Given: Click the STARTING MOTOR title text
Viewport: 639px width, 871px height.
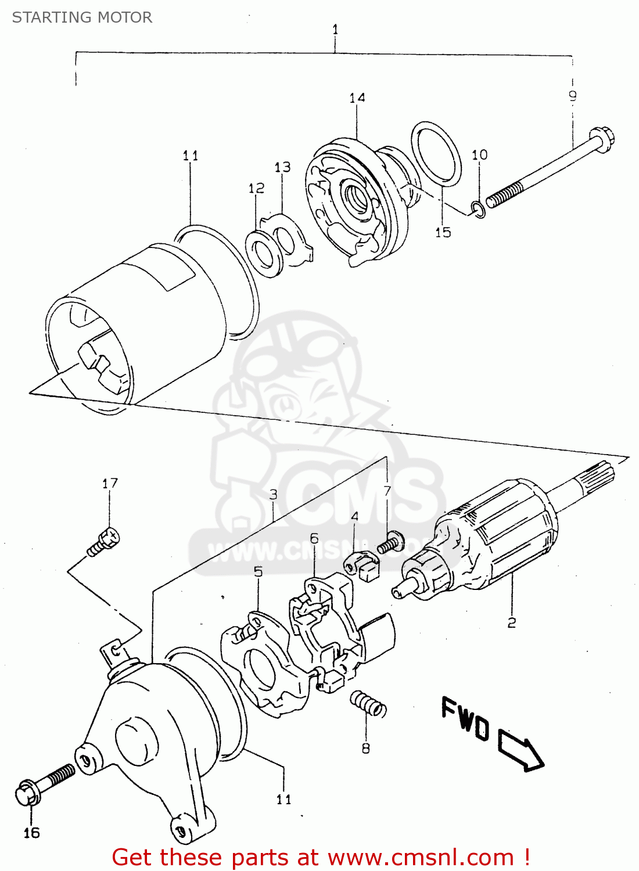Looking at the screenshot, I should tap(82, 17).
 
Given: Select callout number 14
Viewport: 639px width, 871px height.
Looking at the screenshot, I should tap(357, 98).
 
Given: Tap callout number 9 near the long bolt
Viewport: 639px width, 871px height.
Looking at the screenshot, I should tap(572, 96).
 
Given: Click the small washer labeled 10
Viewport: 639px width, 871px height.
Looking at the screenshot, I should tap(478, 210).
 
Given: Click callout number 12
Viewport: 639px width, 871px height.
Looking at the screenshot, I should tap(256, 188).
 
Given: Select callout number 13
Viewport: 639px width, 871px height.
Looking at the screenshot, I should tap(282, 167).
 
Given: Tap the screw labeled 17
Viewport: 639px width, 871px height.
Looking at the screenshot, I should tap(105, 542).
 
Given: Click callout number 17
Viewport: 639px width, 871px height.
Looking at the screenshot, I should tap(110, 483).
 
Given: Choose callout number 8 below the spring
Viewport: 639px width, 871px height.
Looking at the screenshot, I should tap(365, 748).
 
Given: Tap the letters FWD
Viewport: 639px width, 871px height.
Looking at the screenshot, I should tap(465, 717).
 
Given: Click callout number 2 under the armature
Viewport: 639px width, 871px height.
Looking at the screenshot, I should tap(511, 622).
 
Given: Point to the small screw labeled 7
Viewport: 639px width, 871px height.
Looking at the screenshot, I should tap(391, 544).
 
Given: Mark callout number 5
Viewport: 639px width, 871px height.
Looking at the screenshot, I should tap(258, 571).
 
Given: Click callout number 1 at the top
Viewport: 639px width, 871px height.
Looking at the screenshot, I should tap(335, 29).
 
